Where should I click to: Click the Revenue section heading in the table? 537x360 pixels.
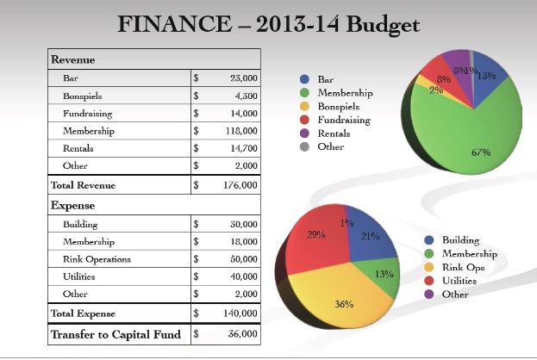pyautogui.click(x=73, y=59)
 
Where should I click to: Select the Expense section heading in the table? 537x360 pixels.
pyautogui.click(x=73, y=206)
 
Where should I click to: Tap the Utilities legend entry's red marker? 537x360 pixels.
pyautogui.click(x=431, y=281)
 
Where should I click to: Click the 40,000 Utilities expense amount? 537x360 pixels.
pyautogui.click(x=244, y=277)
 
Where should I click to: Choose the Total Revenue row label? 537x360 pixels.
pyautogui.click(x=83, y=185)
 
